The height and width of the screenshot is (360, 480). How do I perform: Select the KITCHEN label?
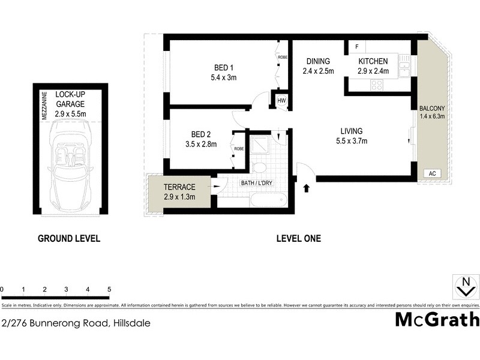click(373, 61)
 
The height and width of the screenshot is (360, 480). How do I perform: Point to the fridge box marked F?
click(356, 47)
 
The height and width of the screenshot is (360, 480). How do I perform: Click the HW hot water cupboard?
click(281, 100)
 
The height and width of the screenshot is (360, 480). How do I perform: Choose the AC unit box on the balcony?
click(431, 173)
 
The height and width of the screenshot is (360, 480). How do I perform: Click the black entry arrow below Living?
click(307, 188)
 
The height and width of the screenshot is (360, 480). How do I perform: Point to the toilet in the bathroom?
click(260, 167)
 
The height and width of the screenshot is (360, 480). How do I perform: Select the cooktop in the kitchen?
click(377, 85)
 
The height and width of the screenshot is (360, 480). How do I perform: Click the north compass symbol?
click(464, 287)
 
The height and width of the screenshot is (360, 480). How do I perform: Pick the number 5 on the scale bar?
click(109, 290)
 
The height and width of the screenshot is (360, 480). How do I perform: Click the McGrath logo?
click(437, 319)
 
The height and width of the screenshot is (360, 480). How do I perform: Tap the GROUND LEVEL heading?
click(69, 238)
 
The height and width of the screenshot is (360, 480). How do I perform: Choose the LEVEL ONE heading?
click(298, 238)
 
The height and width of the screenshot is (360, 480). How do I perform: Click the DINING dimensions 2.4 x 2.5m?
click(317, 71)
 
